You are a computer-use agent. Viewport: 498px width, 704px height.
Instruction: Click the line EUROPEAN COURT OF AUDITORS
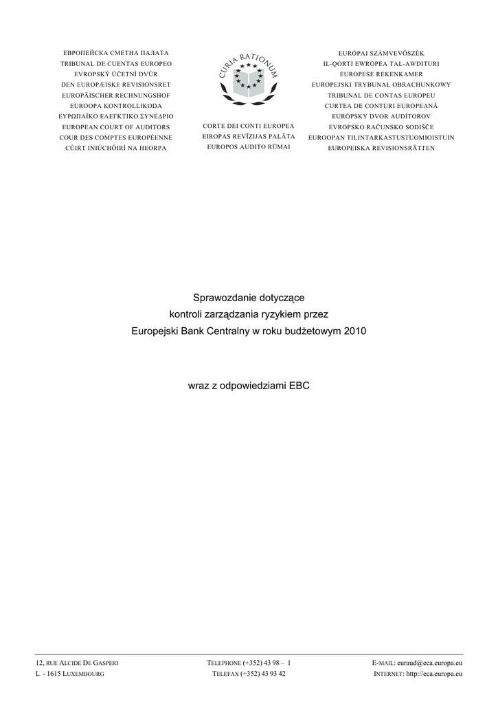point(115,127)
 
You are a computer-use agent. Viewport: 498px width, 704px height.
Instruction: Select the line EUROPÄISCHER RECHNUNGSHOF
point(115,95)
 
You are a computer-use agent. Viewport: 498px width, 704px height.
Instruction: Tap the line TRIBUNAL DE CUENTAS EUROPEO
point(115,63)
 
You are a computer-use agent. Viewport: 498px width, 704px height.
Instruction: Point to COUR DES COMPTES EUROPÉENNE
point(115,137)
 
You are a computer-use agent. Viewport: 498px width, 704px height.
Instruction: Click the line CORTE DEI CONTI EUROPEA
point(249,126)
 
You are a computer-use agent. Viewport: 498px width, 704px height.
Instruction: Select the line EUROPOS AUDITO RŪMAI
point(249,147)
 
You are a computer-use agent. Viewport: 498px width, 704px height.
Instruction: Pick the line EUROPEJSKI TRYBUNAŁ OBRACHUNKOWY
point(381,85)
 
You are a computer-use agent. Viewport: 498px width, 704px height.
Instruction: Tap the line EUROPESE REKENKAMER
point(381,74)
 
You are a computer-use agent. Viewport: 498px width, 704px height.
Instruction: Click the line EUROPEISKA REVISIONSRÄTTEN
point(381,148)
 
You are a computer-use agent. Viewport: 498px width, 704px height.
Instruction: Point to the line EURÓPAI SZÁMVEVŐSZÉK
point(381,53)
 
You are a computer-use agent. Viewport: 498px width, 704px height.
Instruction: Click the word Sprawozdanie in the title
point(223,298)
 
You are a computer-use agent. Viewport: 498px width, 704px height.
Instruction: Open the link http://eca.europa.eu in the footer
point(434,674)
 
